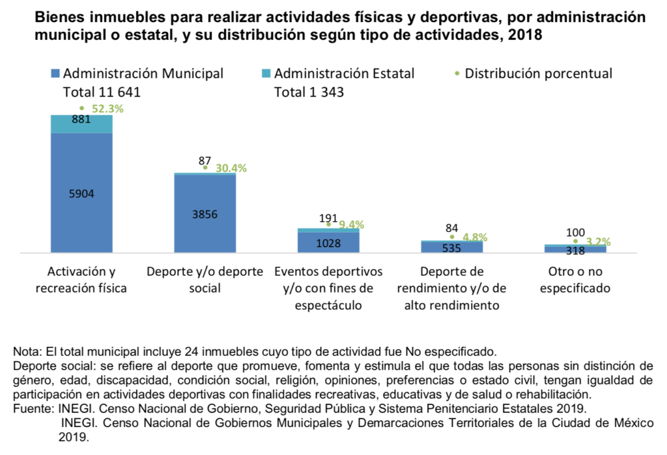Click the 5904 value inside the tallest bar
coord(81,193)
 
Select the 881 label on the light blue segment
coord(81,120)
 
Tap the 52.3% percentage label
coord(107,109)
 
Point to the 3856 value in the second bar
coord(205,214)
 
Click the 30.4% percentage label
coord(231,168)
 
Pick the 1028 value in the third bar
coord(328,242)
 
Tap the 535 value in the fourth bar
coord(452,248)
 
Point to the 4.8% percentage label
coord(475,238)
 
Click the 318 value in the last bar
coord(575,250)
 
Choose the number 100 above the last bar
coord(575,232)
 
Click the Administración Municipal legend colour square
coord(55,74)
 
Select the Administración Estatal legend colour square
coord(266,74)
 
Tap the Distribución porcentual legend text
coord(539,74)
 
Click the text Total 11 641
coord(102,93)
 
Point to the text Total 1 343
coord(309,93)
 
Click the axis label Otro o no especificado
coord(575,280)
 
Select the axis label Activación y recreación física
coord(81,280)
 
